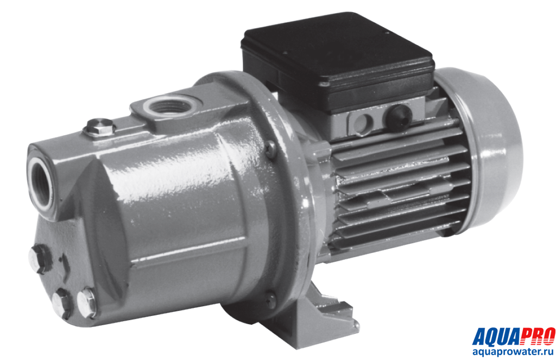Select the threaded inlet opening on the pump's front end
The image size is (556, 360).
41,185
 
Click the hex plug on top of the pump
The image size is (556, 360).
100,127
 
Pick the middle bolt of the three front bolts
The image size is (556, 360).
62,303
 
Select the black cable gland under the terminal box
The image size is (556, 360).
399,118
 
